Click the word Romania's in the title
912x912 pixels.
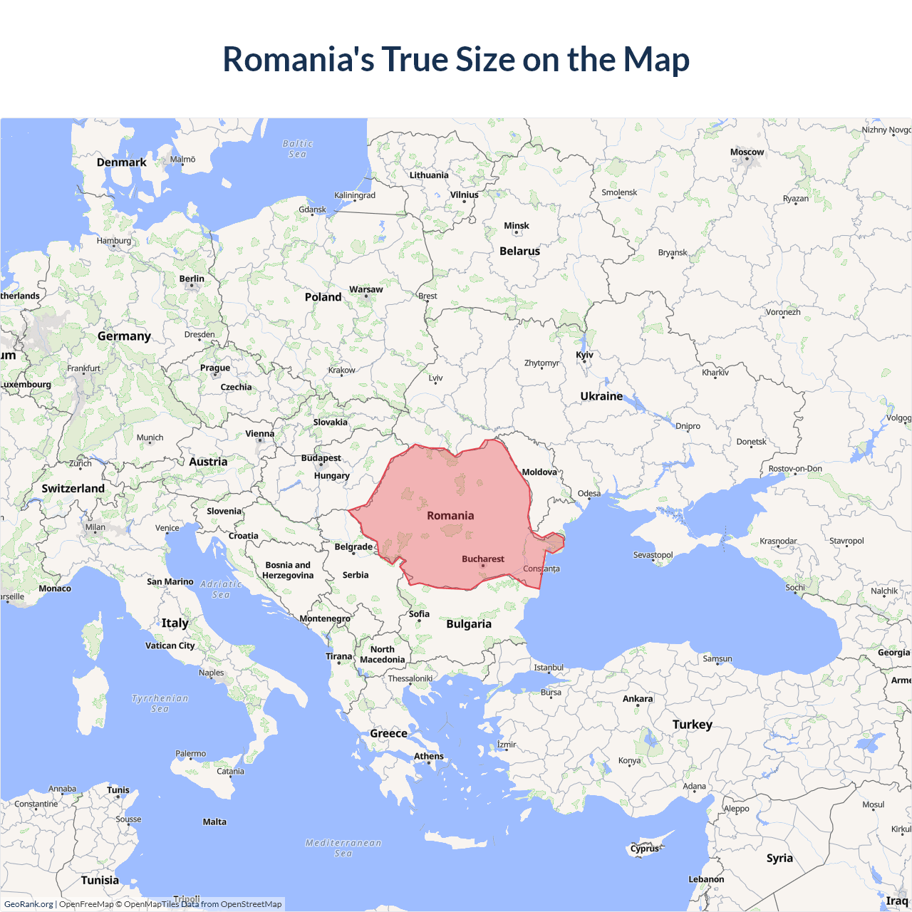pyautogui.click(x=298, y=59)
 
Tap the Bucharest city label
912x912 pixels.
pyautogui.click(x=482, y=559)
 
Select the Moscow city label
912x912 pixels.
pyautogui.click(x=747, y=152)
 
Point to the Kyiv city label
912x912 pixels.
pyautogui.click(x=584, y=355)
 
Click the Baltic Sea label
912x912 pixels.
pyautogui.click(x=297, y=149)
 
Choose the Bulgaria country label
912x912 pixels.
pyautogui.click(x=469, y=624)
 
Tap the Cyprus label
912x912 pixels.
pyautogui.click(x=645, y=849)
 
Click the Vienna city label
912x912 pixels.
pyautogui.click(x=259, y=434)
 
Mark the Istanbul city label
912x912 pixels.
pyautogui.click(x=549, y=668)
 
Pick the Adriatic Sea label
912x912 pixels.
pyautogui.click(x=221, y=589)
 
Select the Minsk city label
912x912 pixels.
pyautogui.click(x=516, y=226)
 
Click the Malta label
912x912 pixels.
pyautogui.click(x=214, y=822)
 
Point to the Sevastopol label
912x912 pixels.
pyautogui.click(x=653, y=555)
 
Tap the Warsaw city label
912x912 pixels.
pyautogui.click(x=366, y=289)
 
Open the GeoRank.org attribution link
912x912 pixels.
pyautogui.click(x=28, y=904)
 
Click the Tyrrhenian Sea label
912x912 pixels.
pyautogui.click(x=160, y=703)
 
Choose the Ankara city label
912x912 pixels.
pyautogui.click(x=638, y=699)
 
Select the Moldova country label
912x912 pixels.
pyautogui.click(x=539, y=472)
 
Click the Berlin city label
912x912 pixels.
pyautogui.click(x=192, y=279)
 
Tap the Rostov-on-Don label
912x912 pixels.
pyautogui.click(x=795, y=469)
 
